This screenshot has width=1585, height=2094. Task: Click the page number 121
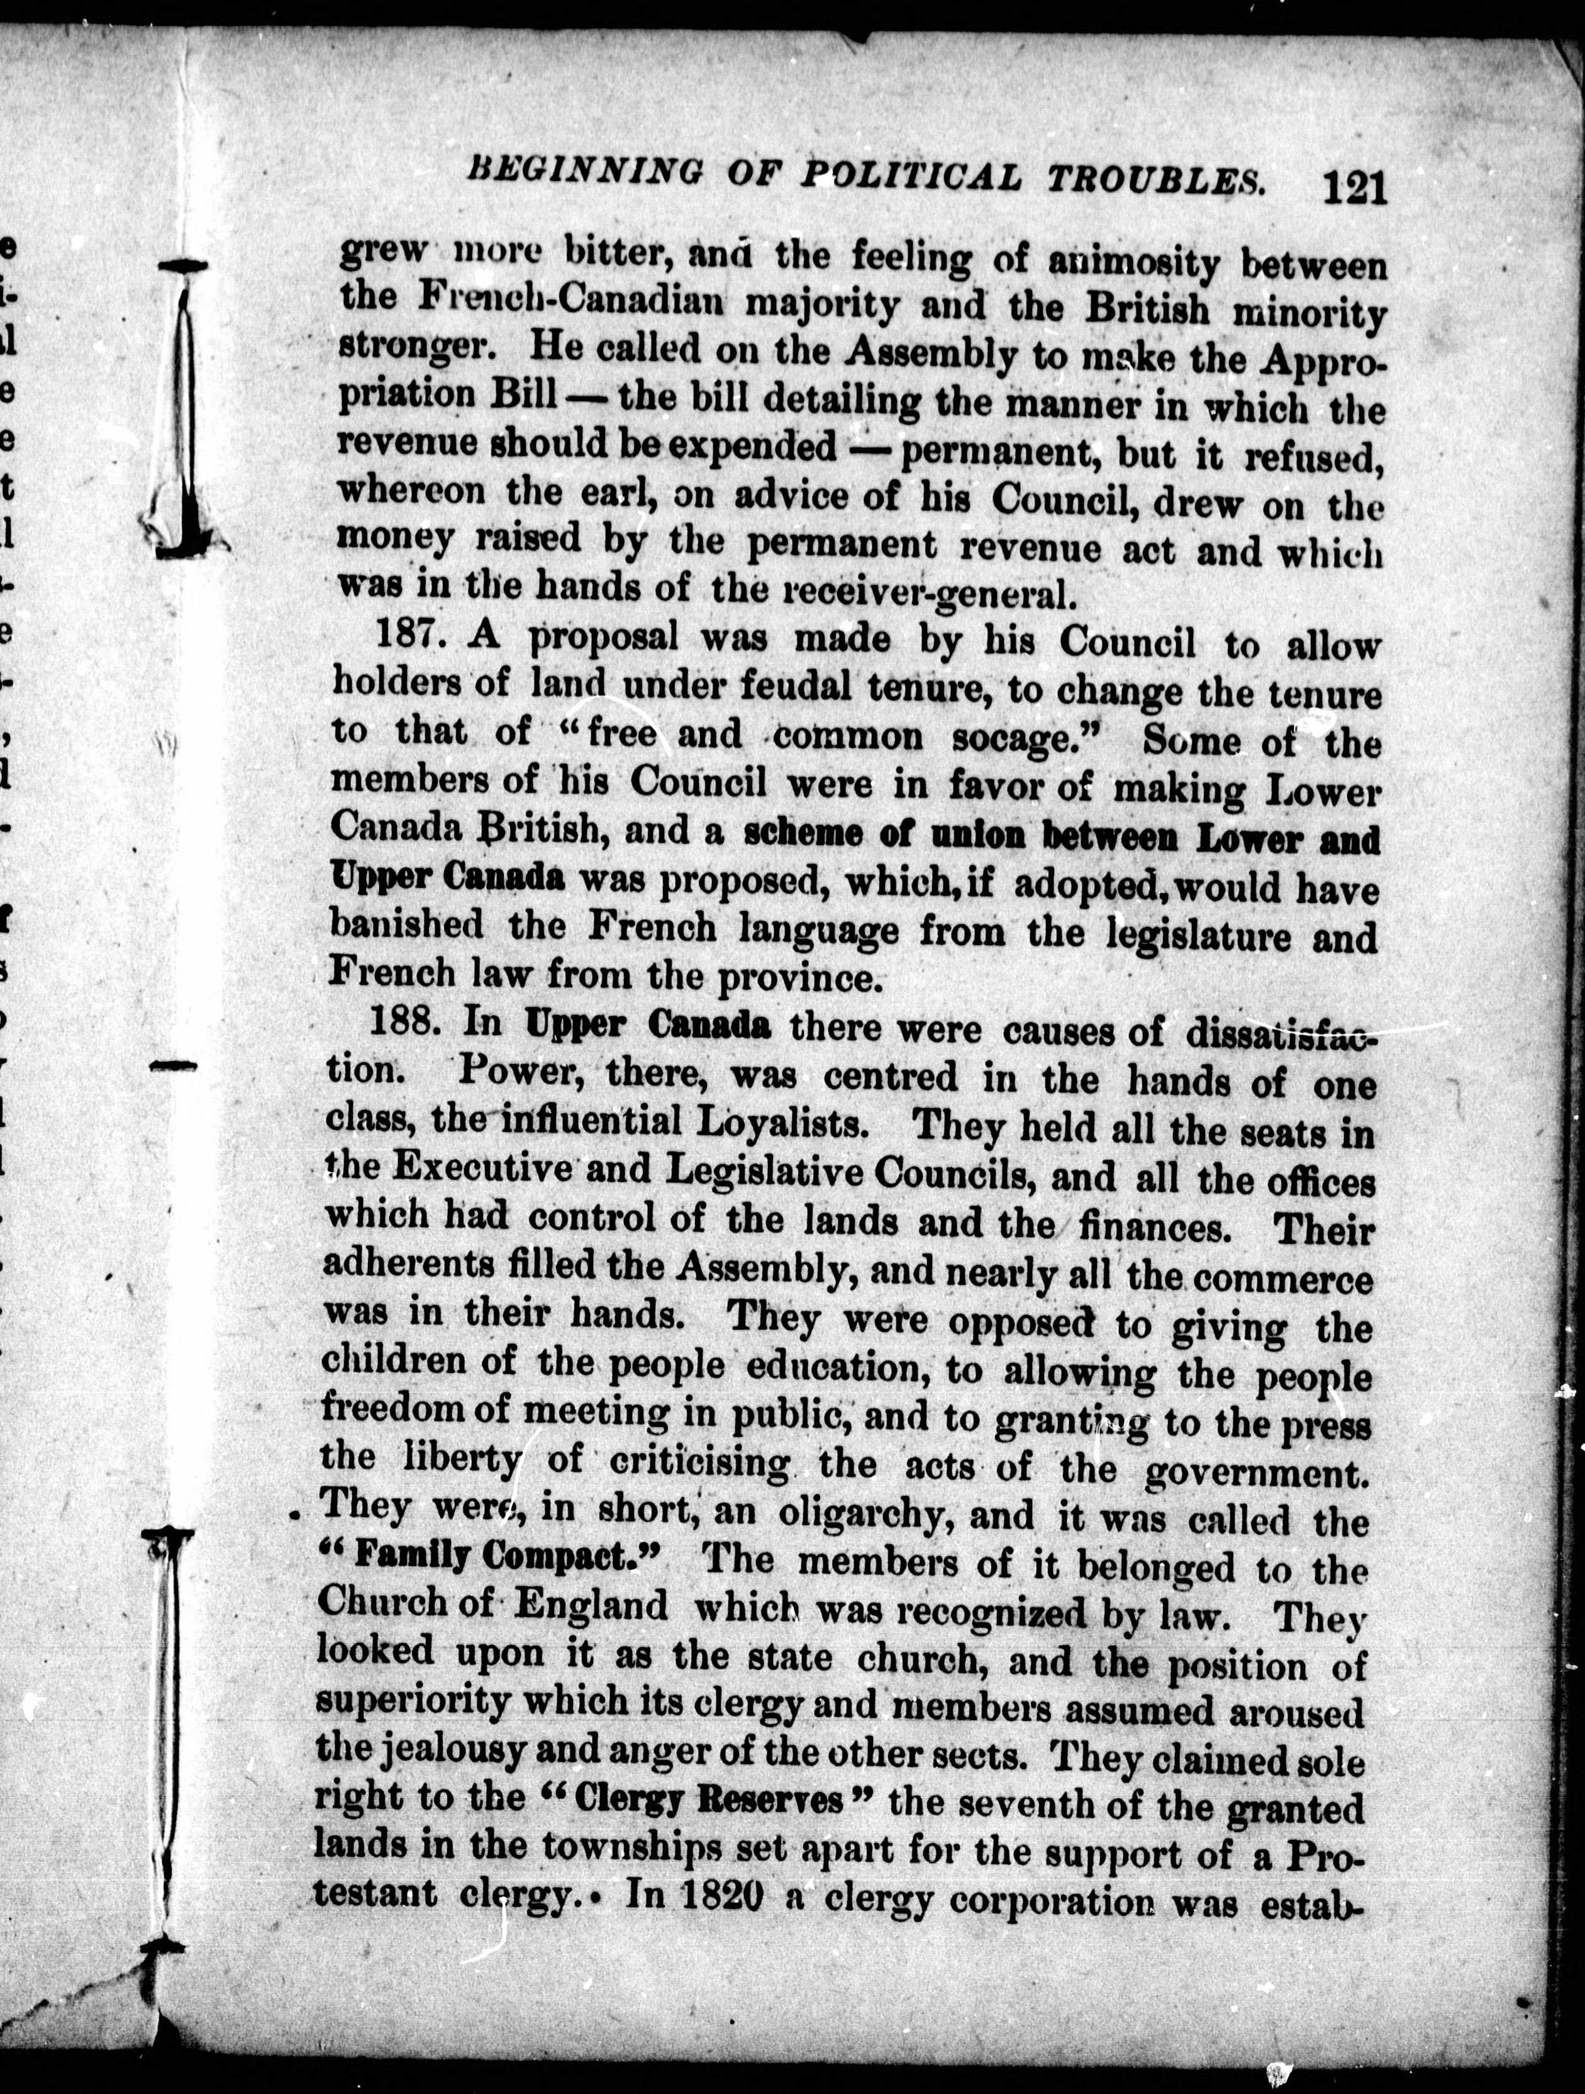(x=1355, y=186)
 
